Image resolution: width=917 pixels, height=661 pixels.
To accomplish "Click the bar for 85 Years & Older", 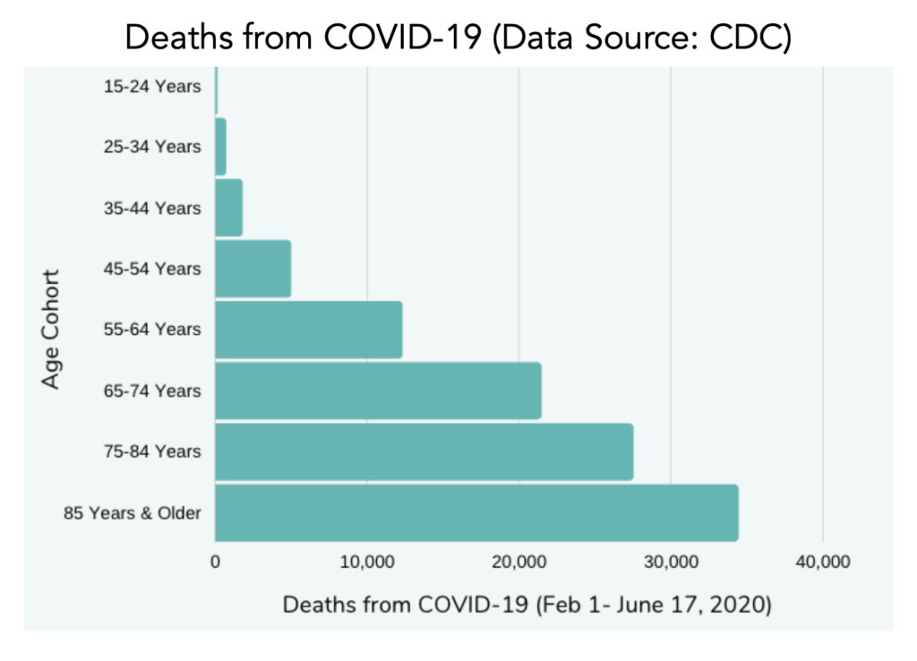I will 476,512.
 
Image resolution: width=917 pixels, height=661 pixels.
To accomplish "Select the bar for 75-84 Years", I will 424,451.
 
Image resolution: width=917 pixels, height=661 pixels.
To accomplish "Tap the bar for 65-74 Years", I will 378,391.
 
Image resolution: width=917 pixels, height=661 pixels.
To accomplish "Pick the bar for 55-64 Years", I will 308,330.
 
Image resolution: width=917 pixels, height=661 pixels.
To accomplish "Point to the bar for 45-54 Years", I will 253,269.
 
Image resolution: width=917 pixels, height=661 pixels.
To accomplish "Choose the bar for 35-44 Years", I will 228,208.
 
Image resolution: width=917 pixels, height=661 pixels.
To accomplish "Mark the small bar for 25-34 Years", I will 220,147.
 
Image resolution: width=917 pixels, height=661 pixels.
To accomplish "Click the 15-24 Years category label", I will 152,86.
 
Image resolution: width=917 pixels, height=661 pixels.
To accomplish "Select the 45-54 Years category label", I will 152,269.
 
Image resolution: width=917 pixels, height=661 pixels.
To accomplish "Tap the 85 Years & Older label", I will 133,513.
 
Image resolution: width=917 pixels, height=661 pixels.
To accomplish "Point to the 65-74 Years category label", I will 152,391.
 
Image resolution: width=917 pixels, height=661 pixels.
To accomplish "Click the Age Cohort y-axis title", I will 51,329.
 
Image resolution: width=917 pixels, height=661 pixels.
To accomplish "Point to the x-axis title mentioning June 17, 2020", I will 527,605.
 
